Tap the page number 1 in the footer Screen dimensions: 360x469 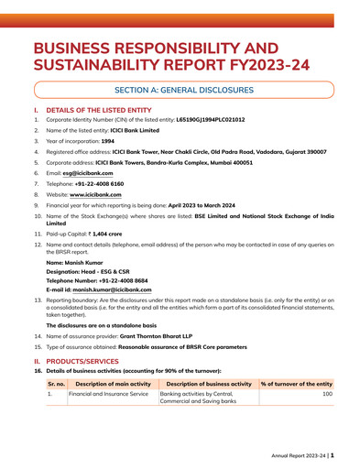point(333,453)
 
